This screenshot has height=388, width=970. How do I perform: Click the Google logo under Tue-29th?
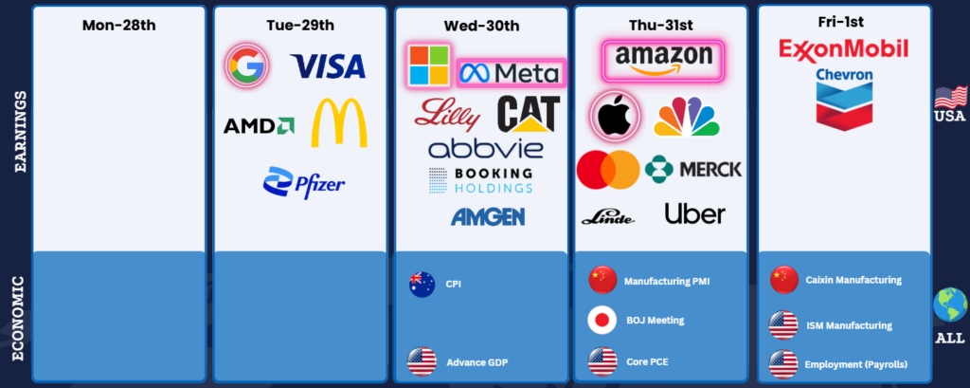coord(247,65)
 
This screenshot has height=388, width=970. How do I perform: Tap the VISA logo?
coord(328,66)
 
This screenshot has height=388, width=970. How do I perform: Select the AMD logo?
coord(259,126)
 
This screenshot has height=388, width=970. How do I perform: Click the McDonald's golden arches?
coord(339,122)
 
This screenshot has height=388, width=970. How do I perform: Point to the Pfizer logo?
coord(304,182)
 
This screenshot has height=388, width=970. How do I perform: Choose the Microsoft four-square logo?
coord(428,65)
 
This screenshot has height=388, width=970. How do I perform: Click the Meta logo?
coord(511,74)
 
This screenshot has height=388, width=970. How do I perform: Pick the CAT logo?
coord(529,114)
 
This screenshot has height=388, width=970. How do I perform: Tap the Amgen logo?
coord(488,216)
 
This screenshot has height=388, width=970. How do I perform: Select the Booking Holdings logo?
coord(480,179)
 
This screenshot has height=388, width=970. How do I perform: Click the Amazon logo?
coord(663,61)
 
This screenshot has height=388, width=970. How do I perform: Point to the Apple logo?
coord(614,116)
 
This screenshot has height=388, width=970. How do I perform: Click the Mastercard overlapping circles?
coord(608,169)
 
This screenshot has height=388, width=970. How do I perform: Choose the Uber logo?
coord(694,213)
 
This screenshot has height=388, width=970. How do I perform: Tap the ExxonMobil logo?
coord(844,49)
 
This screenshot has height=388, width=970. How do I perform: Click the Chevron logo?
coord(844,100)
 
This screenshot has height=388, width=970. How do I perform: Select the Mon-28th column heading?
coord(118,26)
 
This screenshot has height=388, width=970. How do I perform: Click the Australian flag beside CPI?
coord(422,285)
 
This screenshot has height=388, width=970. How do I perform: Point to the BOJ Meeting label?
coord(656,321)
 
